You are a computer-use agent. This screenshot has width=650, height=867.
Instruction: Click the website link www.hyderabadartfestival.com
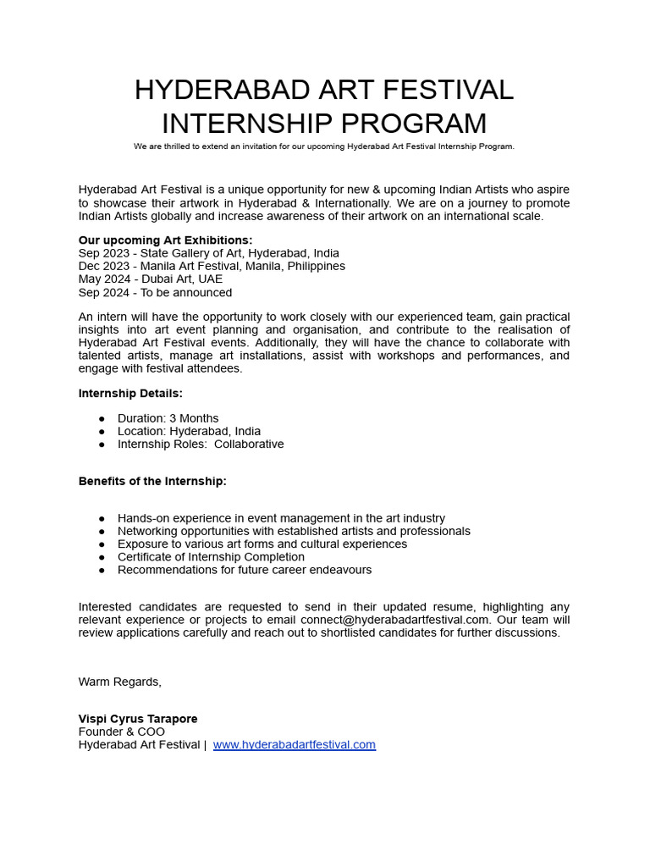tap(294, 745)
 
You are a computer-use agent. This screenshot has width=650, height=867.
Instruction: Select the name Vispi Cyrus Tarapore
tap(138, 719)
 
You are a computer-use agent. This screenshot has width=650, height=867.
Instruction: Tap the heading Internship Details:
tap(130, 394)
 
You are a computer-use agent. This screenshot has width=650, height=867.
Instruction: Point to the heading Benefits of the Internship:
tap(152, 482)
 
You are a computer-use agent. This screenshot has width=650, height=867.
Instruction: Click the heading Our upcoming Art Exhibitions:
tap(165, 240)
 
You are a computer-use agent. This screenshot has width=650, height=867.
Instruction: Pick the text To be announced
tap(186, 293)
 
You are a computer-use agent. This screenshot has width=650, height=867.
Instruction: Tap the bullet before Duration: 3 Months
tap(102, 418)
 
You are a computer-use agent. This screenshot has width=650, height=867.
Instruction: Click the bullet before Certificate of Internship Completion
tap(102, 557)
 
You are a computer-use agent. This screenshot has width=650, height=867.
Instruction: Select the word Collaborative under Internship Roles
tap(249, 445)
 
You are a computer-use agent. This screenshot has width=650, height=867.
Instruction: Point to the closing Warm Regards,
tap(120, 682)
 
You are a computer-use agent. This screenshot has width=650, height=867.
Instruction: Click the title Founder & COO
tap(122, 732)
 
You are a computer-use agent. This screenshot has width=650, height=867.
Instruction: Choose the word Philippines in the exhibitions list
tap(316, 267)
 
